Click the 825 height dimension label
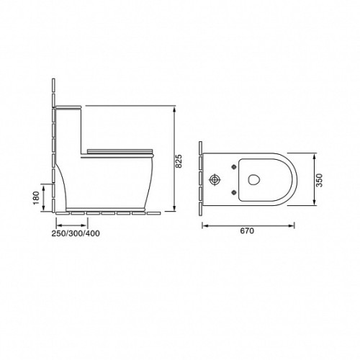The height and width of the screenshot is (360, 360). click(x=179, y=161)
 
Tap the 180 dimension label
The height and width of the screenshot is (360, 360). click(x=36, y=198)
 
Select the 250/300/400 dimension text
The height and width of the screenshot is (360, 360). click(x=76, y=233)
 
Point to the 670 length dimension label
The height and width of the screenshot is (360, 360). click(x=247, y=231)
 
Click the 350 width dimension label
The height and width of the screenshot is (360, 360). click(x=320, y=180)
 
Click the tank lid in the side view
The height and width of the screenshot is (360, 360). click(x=68, y=107)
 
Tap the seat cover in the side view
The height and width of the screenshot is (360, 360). click(x=120, y=151)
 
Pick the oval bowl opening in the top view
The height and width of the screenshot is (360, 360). click(x=253, y=179)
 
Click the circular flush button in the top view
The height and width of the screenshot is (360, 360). click(x=215, y=180)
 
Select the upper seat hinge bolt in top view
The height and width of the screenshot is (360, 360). click(x=233, y=167)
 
